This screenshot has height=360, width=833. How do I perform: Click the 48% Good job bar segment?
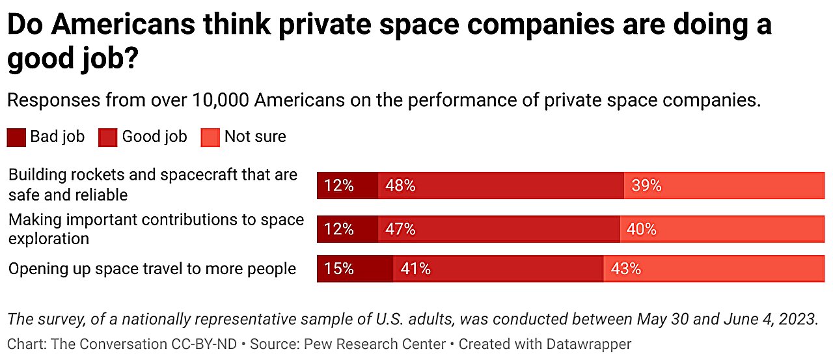pos(500,186)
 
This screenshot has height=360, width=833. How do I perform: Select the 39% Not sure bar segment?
pos(724,186)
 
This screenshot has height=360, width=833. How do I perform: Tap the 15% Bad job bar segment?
pos(355,268)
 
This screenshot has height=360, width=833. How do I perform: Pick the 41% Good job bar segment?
pos(498,268)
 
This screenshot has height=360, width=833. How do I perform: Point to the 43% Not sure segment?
pos(713,268)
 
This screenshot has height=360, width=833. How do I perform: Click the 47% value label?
pos(400,229)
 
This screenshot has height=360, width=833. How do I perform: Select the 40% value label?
pos(641,229)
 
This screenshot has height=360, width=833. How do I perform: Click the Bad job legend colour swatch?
pos(16,137)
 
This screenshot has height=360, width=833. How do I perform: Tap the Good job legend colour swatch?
pos(108,137)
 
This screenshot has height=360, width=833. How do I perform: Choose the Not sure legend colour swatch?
pos(210,137)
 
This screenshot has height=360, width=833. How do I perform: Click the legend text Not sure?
pos(255,137)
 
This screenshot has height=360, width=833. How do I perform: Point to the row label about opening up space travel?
pos(152,268)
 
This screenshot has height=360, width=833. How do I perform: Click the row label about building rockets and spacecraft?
pos(152,184)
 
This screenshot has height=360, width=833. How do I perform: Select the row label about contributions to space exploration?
pos(156,228)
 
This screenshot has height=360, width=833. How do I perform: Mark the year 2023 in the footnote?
pos(798,320)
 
